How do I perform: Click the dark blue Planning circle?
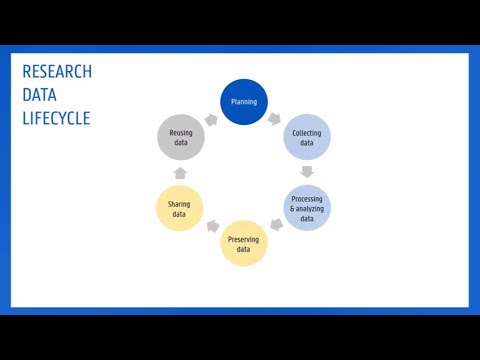click(x=244, y=102)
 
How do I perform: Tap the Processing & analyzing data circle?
click(x=307, y=208)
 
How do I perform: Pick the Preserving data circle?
click(x=244, y=243)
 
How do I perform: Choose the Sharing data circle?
click(x=180, y=208)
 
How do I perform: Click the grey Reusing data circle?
click(x=181, y=138)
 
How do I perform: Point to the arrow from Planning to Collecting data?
click(x=276, y=118)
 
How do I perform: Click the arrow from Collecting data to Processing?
click(x=308, y=172)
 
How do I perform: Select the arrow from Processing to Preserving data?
click(x=277, y=226)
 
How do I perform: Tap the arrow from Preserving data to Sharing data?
click(x=212, y=227)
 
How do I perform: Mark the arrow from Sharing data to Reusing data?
click(x=181, y=173)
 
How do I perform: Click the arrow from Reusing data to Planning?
click(x=211, y=119)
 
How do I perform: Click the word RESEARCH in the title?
click(x=57, y=72)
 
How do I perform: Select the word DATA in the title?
click(x=39, y=95)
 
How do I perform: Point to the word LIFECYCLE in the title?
click(x=56, y=118)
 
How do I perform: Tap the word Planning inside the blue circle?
click(x=244, y=102)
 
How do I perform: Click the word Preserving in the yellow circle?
click(x=244, y=238)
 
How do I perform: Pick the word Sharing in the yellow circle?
click(x=180, y=203)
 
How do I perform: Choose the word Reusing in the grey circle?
click(x=181, y=133)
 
